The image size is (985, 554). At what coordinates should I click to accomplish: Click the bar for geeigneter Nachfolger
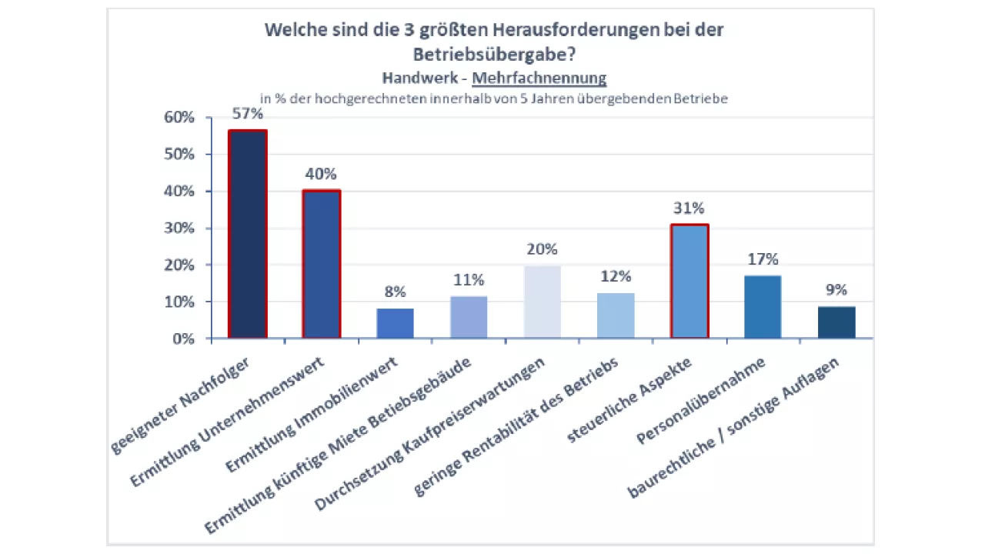248,235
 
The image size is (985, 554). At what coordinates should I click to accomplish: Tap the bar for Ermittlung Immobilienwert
395,323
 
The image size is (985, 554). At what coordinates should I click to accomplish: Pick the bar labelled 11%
469,317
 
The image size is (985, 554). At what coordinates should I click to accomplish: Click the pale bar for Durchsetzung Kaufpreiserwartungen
543,302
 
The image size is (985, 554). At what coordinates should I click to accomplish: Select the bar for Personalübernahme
763,307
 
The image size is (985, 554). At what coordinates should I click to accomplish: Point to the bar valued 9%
836,322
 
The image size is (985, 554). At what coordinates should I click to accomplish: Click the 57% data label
248,114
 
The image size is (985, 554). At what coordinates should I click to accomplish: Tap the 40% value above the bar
321,174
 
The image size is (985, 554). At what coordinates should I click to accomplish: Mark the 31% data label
689,208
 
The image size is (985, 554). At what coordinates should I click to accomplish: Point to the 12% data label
616,276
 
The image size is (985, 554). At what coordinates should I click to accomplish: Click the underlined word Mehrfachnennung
539,78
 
